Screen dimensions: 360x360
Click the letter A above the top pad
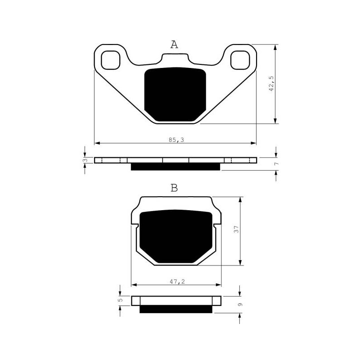tap(174, 45)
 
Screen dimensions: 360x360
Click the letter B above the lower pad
tap(174, 188)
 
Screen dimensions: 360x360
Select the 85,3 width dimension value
tap(176, 139)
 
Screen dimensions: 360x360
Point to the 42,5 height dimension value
tap(271, 84)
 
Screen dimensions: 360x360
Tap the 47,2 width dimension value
tap(177, 281)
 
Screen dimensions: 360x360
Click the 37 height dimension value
tap(236, 229)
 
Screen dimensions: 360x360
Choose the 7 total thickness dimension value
tap(277, 163)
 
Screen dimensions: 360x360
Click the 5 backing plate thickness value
tap(121, 300)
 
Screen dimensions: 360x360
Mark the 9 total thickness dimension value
tap(240, 305)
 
